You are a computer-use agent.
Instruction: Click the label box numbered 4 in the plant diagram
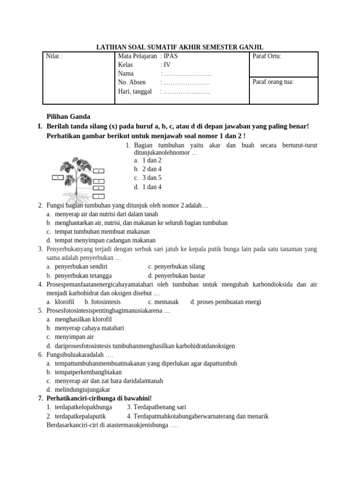click(x=98, y=171)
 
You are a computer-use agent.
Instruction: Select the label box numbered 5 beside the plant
click(x=57, y=178)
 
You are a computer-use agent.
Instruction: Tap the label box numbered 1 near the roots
click(x=98, y=195)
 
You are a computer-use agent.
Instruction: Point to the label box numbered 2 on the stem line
click(x=98, y=188)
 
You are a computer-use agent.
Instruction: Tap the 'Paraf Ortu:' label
click(x=267, y=57)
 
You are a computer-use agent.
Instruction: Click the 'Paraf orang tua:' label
click(x=273, y=82)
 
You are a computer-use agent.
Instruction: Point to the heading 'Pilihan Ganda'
click(x=68, y=117)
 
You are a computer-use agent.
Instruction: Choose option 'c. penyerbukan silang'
click(x=176, y=267)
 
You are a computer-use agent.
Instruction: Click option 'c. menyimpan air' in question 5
click(x=74, y=337)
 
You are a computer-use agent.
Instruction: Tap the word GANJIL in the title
click(x=251, y=47)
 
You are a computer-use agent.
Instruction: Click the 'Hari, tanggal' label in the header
click(x=135, y=91)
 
